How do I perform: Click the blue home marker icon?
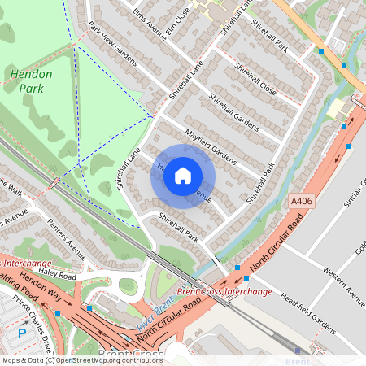click(183, 176)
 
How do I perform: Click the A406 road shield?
click(300, 199)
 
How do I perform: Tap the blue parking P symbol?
click(22, 333)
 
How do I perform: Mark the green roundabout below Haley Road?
click(128, 285)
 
